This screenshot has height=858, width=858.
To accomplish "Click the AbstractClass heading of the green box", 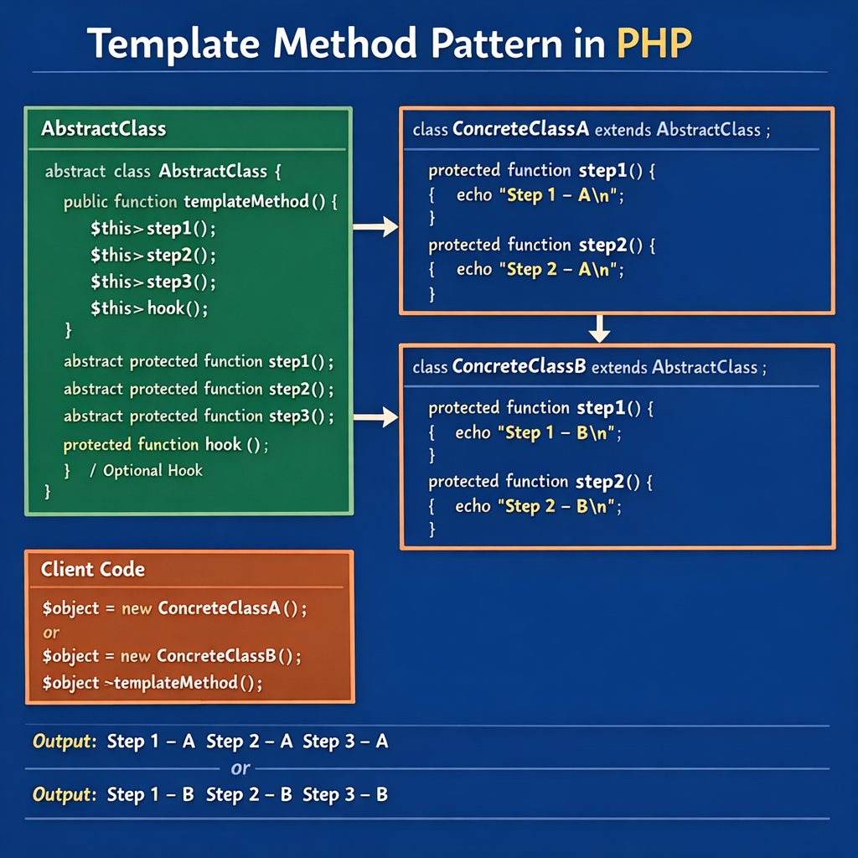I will (103, 129).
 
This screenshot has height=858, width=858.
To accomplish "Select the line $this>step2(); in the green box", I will (152, 255).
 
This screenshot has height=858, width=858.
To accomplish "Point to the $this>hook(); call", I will (148, 308).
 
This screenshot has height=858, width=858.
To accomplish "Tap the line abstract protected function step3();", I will (199, 416).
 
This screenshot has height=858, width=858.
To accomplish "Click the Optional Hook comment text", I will (152, 470).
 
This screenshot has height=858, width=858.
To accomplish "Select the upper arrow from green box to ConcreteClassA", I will (375, 225).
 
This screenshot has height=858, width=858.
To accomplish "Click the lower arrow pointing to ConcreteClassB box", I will (375, 416).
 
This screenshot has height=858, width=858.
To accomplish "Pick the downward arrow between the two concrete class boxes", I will (598, 328).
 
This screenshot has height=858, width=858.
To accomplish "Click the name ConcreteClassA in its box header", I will (520, 130).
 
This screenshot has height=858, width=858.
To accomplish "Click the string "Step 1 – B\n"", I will (559, 433).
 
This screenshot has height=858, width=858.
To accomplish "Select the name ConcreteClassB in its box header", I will (518, 367).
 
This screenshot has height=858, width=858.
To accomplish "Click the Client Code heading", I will (93, 570).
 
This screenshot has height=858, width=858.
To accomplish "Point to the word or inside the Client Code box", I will (52, 632).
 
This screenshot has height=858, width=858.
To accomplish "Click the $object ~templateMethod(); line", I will (152, 683).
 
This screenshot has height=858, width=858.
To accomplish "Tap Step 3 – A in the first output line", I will (345, 742).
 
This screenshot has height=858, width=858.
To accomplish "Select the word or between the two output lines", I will (240, 768).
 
